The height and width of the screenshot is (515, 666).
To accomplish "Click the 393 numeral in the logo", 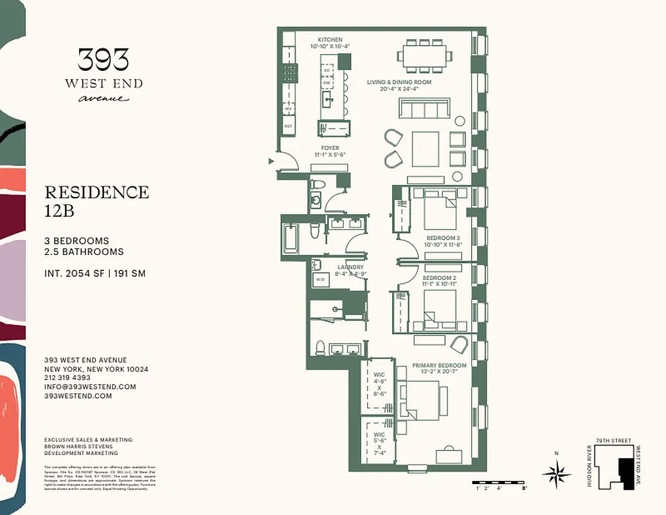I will tap(103, 60).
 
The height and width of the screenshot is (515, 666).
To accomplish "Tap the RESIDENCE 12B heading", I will tap(96, 200).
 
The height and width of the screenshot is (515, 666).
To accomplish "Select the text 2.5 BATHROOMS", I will tap(84, 252).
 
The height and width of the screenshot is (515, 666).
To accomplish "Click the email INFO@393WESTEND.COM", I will tap(90, 387).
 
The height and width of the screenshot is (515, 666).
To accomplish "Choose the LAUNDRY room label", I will tap(350, 267).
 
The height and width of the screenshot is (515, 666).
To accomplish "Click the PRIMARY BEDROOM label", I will tap(439, 365).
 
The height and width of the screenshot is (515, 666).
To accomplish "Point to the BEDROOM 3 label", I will tap(442, 238).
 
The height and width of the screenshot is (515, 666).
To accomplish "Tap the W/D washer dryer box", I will tap(320, 280).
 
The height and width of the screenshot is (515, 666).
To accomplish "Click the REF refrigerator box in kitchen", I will tap(289, 126).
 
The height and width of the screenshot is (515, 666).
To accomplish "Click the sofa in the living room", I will tap(424, 109).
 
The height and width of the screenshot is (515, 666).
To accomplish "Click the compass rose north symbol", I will tap(556, 474).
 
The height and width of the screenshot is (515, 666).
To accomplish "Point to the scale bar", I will tap(500, 483).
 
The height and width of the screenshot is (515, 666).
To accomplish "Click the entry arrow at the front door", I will tap(271, 162).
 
